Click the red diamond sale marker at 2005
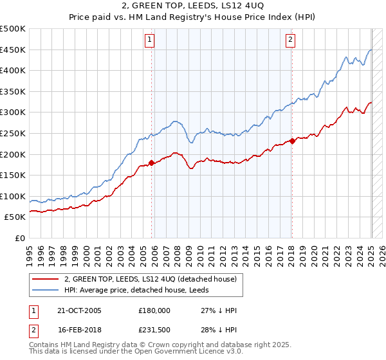point(152,163)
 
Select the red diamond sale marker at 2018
point(292,141)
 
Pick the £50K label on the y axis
point(15,217)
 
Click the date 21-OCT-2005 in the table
point(80,310)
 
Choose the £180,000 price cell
point(154,310)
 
